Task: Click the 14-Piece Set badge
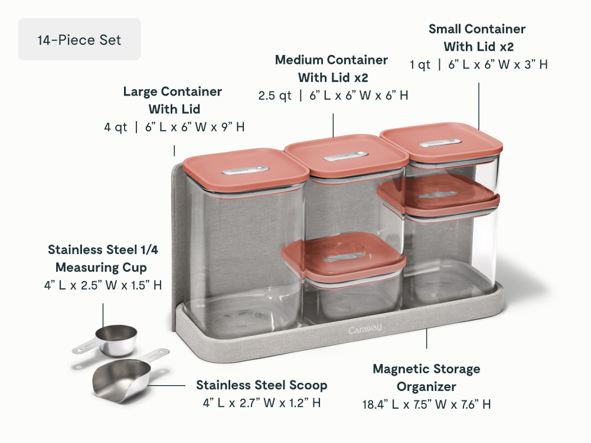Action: [80, 39]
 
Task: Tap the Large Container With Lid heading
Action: [172, 100]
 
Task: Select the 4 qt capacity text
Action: [116, 127]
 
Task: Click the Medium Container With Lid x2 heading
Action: [332, 69]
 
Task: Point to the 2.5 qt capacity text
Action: [275, 95]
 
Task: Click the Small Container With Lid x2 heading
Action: [477, 38]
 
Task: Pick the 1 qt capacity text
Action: [420, 64]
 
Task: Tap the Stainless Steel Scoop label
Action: [262, 385]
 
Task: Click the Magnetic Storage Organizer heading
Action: [427, 377]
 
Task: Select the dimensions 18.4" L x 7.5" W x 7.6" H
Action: [427, 404]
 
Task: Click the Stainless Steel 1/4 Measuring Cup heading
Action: [103, 258]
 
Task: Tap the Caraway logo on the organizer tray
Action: [365, 330]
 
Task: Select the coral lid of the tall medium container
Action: [347, 155]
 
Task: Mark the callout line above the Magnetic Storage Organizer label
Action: [427, 338]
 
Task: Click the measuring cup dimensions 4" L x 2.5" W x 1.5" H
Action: [103, 285]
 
